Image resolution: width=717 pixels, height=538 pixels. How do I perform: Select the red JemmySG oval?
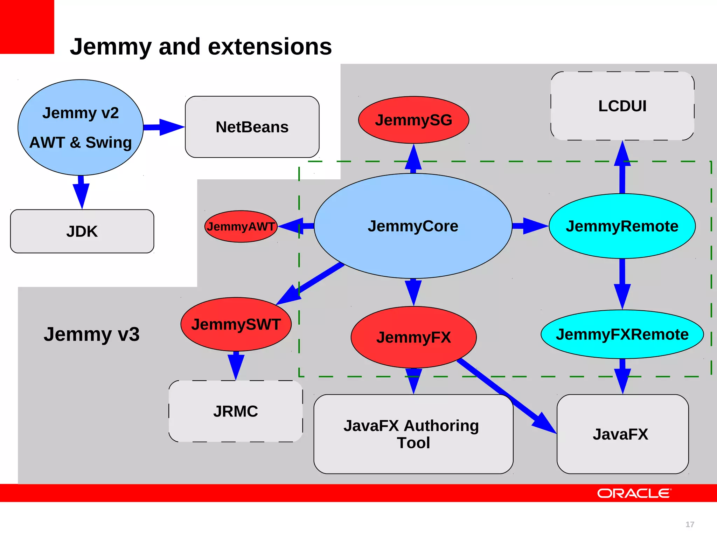[413, 120]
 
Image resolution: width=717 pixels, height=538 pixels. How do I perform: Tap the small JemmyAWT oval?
[241, 227]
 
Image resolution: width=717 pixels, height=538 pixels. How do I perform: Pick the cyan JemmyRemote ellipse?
[622, 226]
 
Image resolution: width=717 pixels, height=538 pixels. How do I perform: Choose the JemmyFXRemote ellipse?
[622, 334]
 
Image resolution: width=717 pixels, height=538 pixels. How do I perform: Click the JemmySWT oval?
[236, 324]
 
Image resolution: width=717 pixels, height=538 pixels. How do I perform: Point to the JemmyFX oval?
[413, 337]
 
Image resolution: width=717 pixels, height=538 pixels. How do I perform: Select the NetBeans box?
[252, 127]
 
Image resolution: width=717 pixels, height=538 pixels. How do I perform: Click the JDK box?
[82, 231]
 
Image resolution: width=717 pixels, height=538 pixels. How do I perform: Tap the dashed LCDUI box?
[622, 106]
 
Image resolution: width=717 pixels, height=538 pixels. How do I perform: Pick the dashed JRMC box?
[235, 411]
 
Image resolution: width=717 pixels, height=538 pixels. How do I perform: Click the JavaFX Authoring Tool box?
[413, 434]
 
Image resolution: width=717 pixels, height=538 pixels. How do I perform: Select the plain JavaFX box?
[622, 434]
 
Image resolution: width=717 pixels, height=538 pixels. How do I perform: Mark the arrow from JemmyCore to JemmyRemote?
[529, 226]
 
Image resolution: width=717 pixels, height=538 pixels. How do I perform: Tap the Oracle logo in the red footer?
[634, 493]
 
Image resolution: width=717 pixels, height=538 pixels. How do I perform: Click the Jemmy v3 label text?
[92, 334]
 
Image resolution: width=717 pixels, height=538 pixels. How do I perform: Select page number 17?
[689, 524]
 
